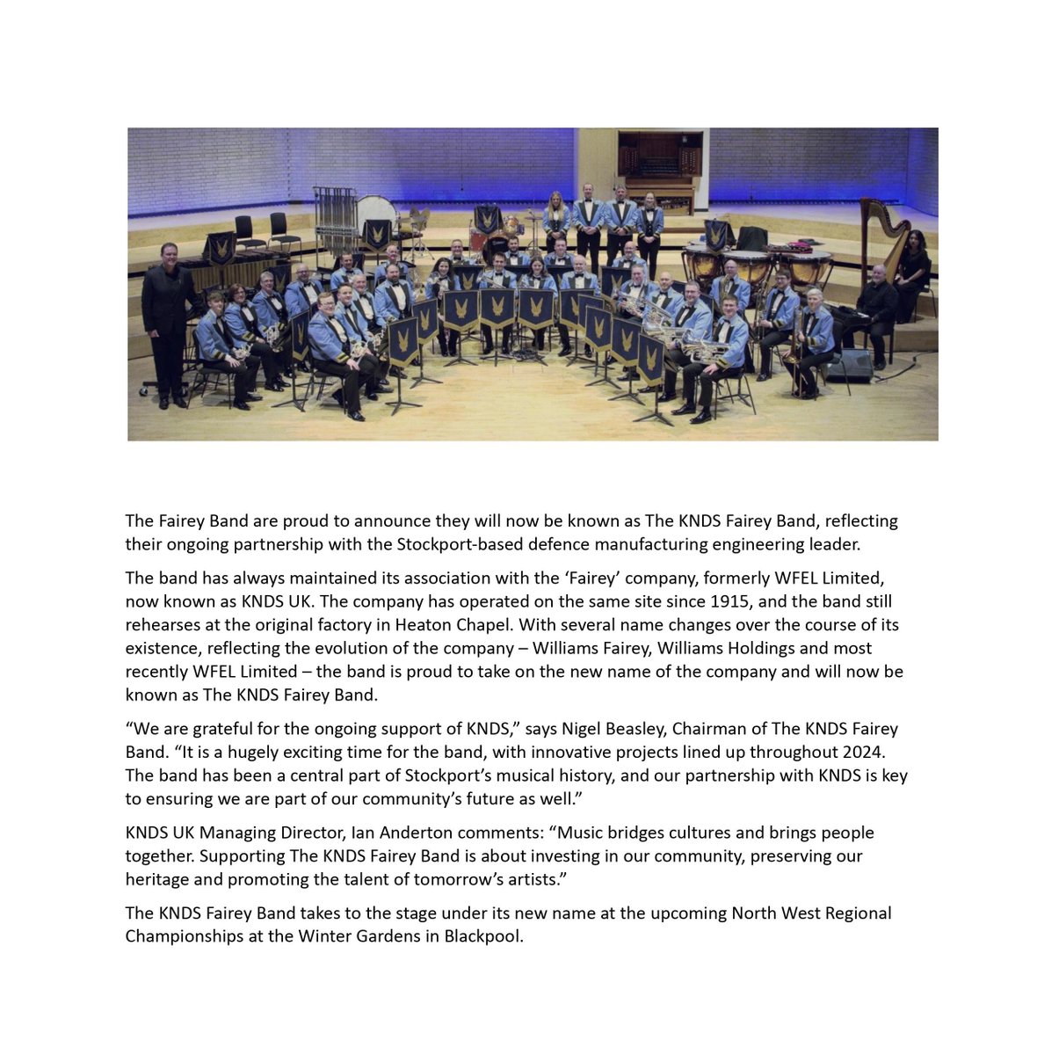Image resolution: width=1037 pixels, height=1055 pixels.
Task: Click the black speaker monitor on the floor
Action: pyautogui.click(x=848, y=366)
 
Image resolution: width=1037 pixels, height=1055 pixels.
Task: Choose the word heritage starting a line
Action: pyautogui.click(x=156, y=878)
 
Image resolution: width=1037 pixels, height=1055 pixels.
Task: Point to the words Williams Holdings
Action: pyautogui.click(x=715, y=648)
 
